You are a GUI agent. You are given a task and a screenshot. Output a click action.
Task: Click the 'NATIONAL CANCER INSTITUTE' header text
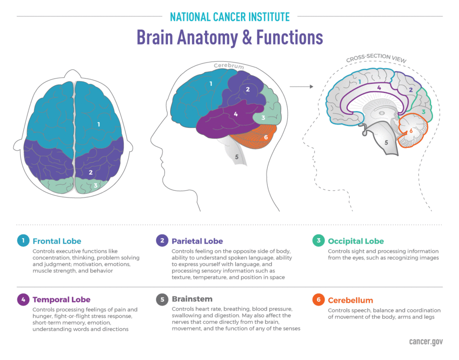coord(229,17)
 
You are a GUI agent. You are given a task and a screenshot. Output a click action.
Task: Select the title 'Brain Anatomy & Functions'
coord(229,38)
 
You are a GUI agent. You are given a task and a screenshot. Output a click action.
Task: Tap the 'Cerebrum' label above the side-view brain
coord(229,66)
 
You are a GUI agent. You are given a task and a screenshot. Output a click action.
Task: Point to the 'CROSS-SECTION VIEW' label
coord(376,58)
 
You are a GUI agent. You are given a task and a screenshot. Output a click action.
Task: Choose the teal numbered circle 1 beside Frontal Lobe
coord(22,241)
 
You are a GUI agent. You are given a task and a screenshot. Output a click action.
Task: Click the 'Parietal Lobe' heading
coord(197,241)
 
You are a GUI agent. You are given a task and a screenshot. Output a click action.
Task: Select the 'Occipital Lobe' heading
coord(355,241)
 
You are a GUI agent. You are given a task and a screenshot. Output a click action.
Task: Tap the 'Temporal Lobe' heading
coord(62,300)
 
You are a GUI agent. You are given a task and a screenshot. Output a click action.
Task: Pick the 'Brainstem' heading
coord(192,299)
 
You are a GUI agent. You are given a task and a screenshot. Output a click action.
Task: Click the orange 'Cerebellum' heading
coord(350,300)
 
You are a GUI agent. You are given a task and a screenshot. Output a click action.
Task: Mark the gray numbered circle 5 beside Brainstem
coord(161,299)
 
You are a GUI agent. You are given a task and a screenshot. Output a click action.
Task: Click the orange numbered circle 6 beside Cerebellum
coord(318,300)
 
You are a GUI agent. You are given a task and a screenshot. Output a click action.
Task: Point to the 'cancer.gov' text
coord(426,342)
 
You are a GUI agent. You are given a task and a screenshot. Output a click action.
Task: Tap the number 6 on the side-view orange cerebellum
coord(266,137)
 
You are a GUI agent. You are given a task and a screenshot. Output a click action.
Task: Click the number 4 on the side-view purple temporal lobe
coord(236,114)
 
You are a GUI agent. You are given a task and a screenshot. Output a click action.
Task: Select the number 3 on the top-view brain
coord(96,185)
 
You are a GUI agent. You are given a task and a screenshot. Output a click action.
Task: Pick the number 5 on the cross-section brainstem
coord(386,142)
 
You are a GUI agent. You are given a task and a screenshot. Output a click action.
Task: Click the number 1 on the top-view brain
coord(98,125)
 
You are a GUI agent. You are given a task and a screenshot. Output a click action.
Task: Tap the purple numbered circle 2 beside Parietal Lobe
coord(161,241)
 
